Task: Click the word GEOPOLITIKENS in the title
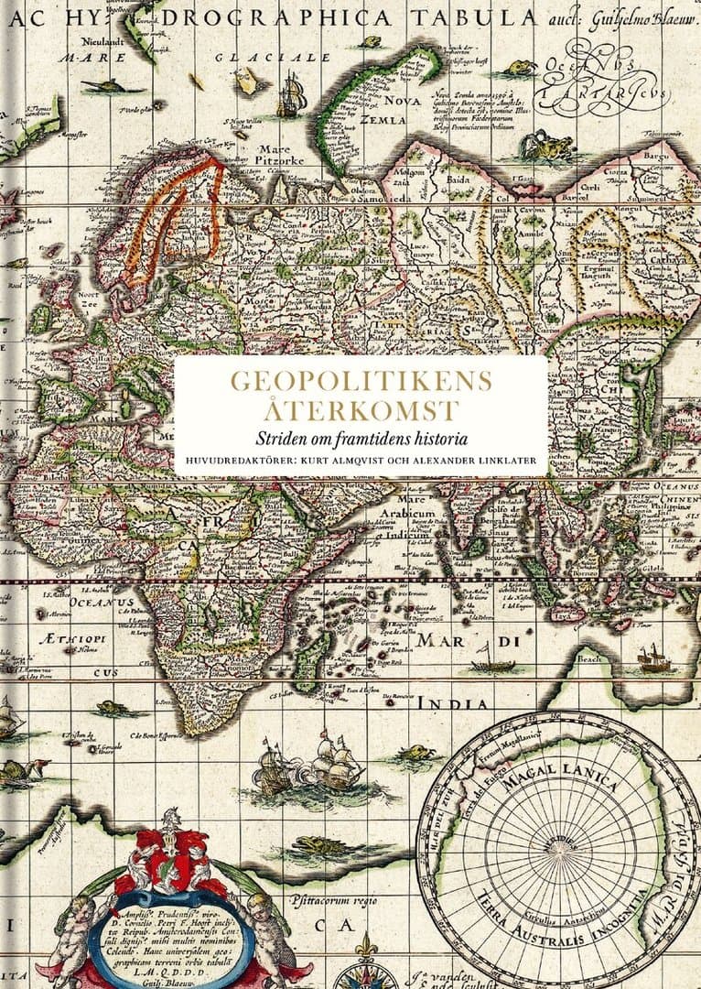[x=361, y=382]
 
